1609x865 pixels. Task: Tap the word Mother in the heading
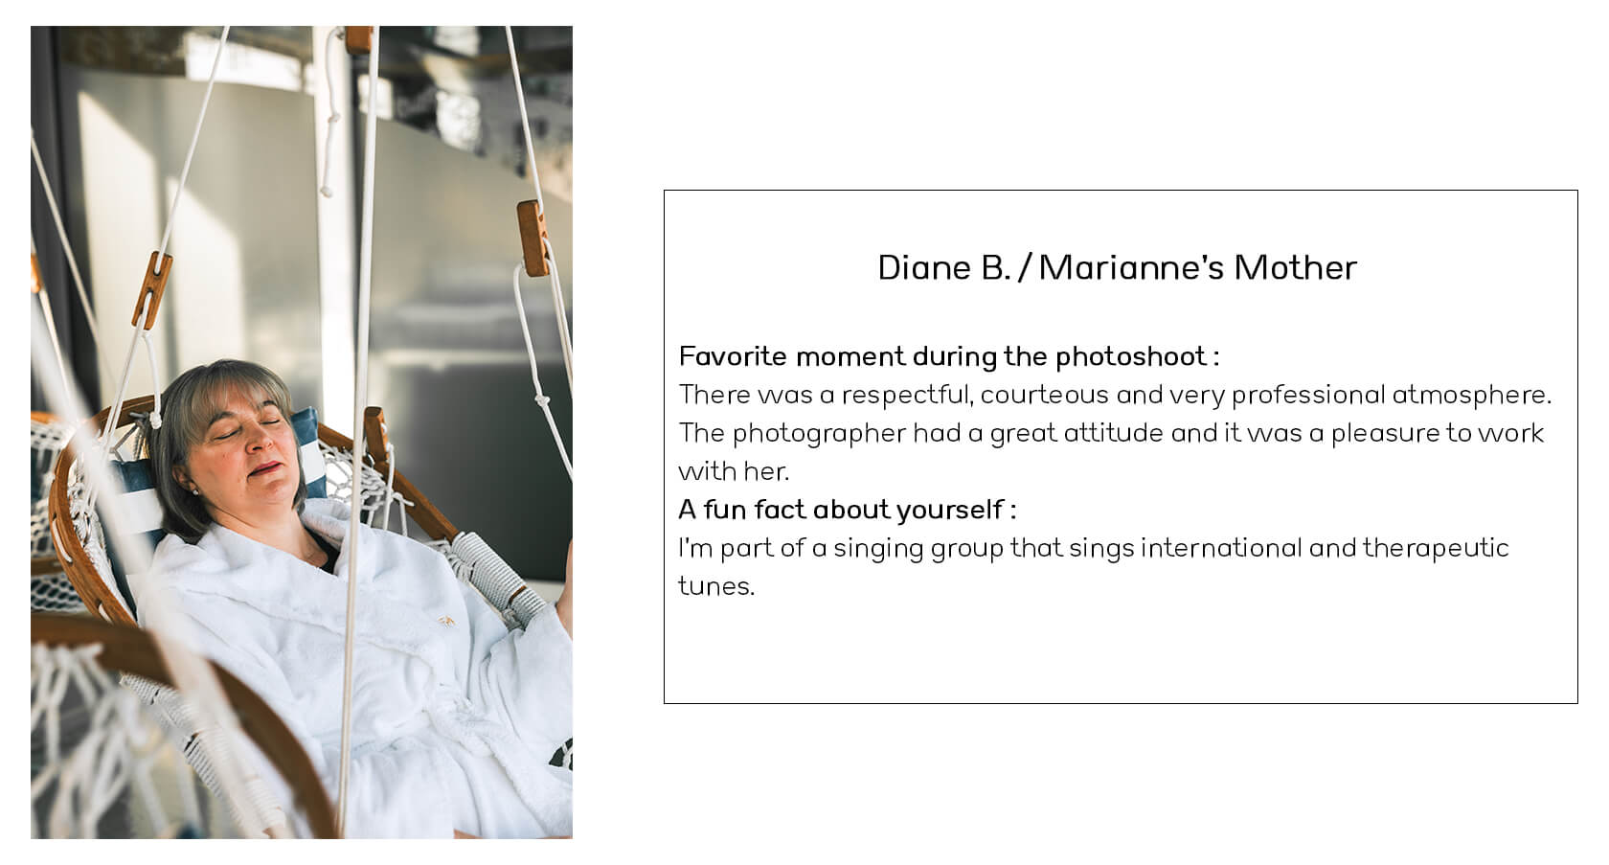click(1295, 268)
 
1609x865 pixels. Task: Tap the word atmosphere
click(1471, 395)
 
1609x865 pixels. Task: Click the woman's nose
click(256, 443)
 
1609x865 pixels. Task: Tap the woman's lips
click(266, 468)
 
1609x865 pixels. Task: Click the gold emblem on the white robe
click(446, 620)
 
